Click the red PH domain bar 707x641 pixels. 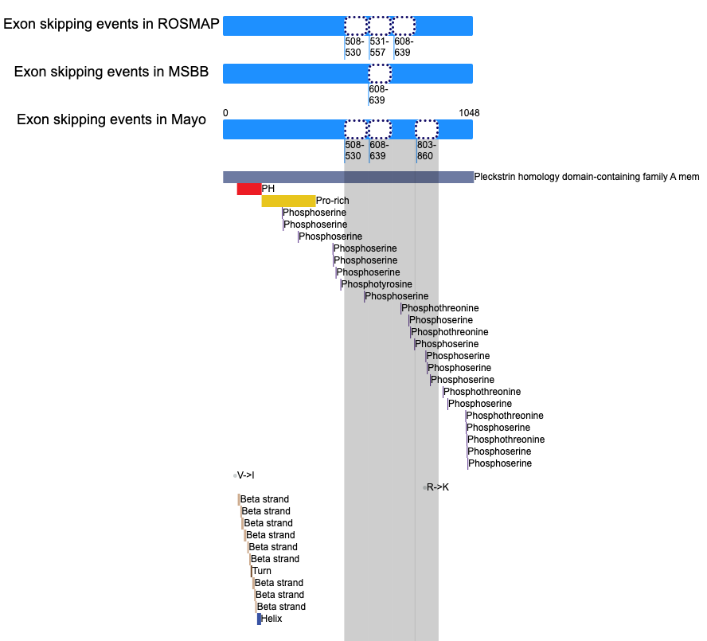click(x=249, y=189)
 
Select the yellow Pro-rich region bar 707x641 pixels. click(x=288, y=201)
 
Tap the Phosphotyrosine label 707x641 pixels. click(x=377, y=284)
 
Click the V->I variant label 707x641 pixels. click(x=246, y=475)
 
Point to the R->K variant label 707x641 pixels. click(x=438, y=487)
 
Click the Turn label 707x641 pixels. click(x=262, y=571)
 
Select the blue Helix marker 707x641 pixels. click(x=260, y=619)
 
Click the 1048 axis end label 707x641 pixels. click(x=470, y=113)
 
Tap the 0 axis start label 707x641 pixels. click(x=225, y=113)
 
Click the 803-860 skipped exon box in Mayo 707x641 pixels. click(x=427, y=130)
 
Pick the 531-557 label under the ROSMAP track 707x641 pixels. click(x=379, y=47)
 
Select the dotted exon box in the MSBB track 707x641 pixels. click(x=380, y=73)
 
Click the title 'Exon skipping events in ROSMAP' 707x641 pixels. click(x=111, y=24)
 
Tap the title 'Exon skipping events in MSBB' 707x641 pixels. click(x=111, y=72)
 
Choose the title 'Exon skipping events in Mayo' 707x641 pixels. click(x=111, y=119)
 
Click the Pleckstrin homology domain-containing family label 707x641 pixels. click(x=587, y=177)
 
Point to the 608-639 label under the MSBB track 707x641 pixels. click(x=378, y=95)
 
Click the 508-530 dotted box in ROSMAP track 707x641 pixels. click(x=356, y=25)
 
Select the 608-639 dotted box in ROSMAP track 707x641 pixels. click(x=404, y=25)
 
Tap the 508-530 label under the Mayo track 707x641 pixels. click(x=354, y=150)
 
